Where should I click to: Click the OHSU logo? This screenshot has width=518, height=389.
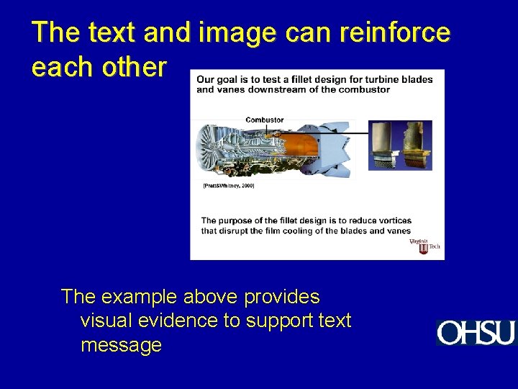(476, 333)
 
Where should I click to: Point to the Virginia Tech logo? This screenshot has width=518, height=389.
(424, 246)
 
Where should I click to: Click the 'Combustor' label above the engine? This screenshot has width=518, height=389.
(264, 120)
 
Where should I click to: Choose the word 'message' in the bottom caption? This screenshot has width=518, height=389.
(121, 345)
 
